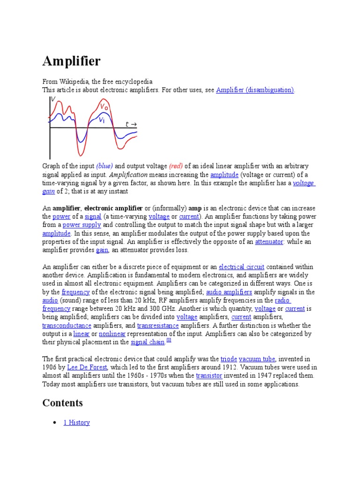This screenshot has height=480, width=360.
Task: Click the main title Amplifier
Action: pos(71,61)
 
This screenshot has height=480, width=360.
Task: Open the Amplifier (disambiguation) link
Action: pos(255,90)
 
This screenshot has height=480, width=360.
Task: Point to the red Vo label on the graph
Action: pos(104,107)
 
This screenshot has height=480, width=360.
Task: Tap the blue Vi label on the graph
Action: pos(102,120)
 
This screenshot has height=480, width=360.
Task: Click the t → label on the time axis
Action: pos(131,124)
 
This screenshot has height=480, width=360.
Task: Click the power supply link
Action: pos(82,225)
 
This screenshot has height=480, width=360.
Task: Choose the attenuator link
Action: pos(269,242)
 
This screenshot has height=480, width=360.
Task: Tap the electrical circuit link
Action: pos(238,267)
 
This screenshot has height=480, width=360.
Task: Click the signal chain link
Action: pos(147,343)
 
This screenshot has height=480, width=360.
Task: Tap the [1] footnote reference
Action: pos(169,341)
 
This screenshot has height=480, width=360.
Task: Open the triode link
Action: pos(229,359)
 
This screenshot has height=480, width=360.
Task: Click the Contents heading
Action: pos(62,403)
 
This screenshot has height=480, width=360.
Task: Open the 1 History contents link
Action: pos(76,423)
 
